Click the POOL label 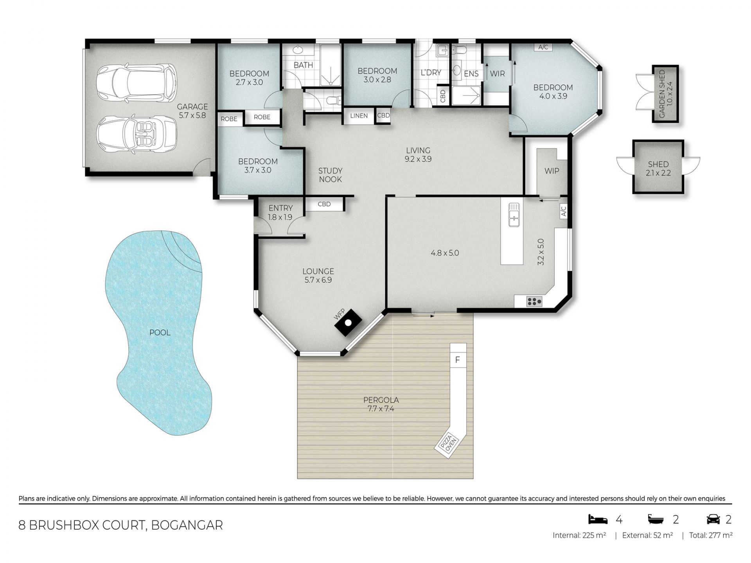[160, 333]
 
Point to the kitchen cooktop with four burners [534, 301]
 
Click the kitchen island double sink [514, 215]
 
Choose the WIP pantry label [552, 171]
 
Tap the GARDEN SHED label [665, 94]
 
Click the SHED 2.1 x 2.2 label [658, 169]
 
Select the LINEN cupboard [359, 116]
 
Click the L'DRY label [431, 73]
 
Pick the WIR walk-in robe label [497, 74]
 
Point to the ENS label [471, 74]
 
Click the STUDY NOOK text [331, 175]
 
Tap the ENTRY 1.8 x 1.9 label [280, 213]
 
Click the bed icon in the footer [598, 519]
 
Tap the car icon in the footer [713, 520]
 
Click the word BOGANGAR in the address [187, 525]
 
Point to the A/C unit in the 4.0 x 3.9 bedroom [543, 47]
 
